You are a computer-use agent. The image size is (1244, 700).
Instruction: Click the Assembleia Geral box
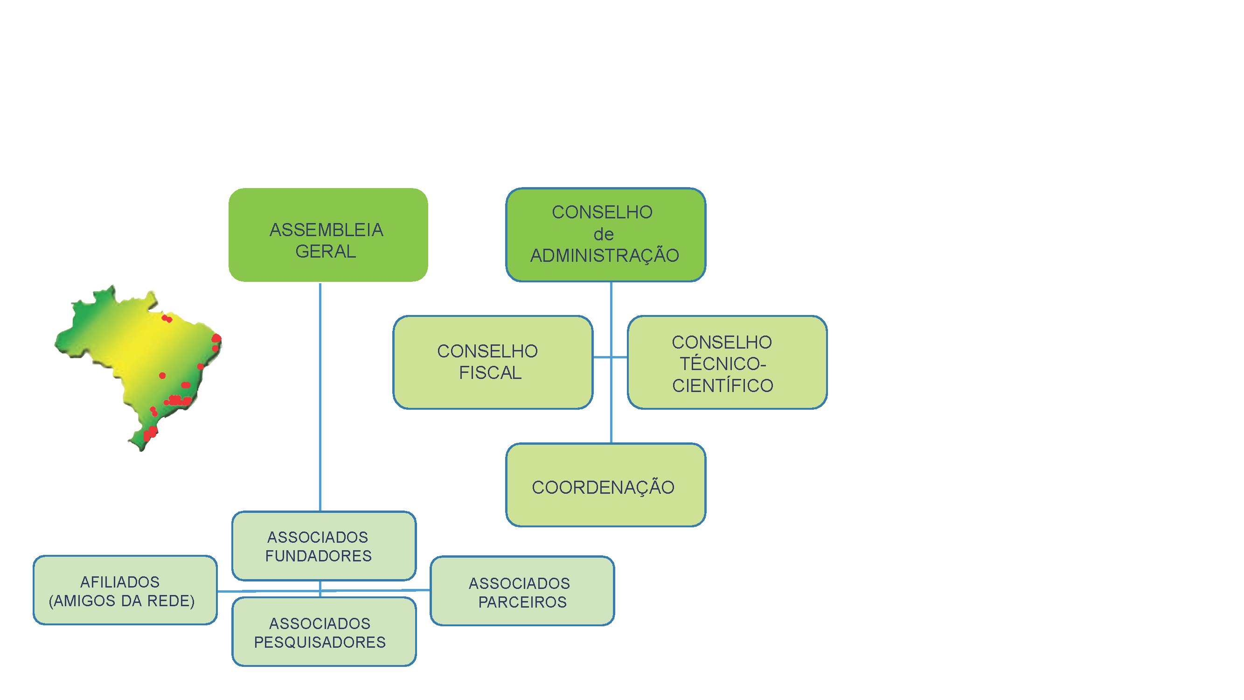(x=328, y=235)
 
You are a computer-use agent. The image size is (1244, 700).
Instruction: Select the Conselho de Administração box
(x=605, y=235)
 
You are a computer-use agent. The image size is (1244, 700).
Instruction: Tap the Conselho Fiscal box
(x=493, y=362)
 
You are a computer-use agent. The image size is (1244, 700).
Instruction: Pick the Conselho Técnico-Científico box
(x=727, y=362)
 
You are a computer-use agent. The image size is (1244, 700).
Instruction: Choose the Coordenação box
(x=605, y=485)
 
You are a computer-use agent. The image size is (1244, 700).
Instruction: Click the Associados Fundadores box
(x=324, y=546)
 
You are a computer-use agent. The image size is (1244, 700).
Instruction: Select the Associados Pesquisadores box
(x=324, y=632)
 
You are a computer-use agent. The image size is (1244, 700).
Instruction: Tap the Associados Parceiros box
(x=522, y=591)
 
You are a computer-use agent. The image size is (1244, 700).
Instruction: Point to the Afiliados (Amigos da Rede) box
(x=125, y=590)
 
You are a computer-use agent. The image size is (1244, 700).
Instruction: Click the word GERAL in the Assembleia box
(x=326, y=252)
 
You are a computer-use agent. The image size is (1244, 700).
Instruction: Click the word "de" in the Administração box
(x=603, y=235)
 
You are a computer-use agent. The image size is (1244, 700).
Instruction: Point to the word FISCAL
(x=490, y=373)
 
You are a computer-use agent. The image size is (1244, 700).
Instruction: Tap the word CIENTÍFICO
(x=723, y=386)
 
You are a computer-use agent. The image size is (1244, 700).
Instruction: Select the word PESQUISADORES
(x=320, y=643)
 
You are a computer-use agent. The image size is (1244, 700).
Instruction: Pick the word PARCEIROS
(x=522, y=602)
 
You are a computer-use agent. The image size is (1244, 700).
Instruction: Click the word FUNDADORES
(x=318, y=556)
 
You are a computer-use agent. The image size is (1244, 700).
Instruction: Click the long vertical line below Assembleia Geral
(x=320, y=396)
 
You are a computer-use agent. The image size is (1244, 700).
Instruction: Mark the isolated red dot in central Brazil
(x=162, y=375)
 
